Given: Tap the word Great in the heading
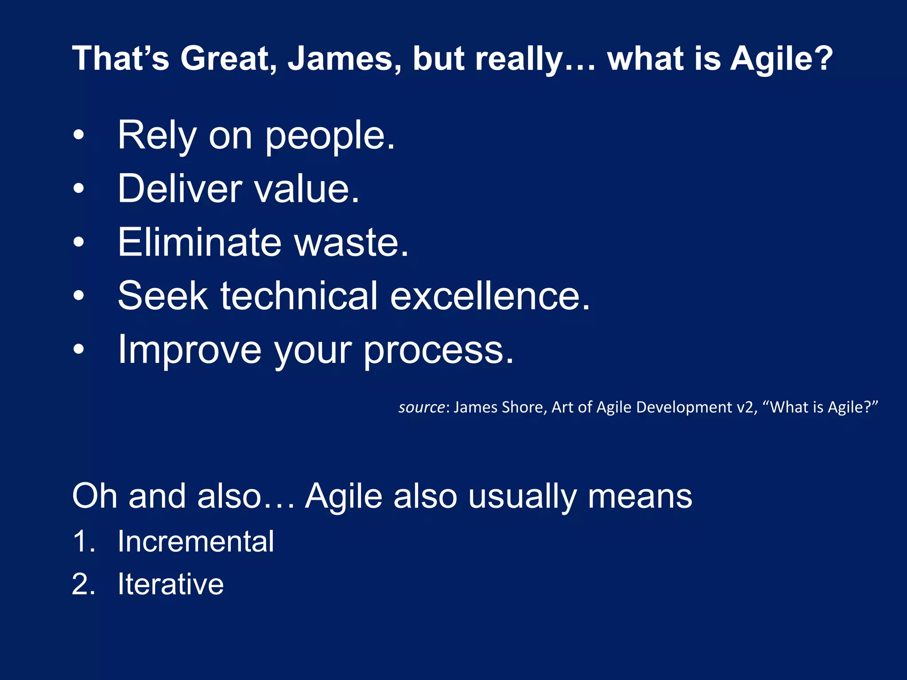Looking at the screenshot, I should [229, 58].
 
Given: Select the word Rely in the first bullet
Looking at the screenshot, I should [157, 135].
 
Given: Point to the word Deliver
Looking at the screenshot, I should [180, 189].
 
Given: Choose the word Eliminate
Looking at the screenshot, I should [199, 242].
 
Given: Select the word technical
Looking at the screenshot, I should [299, 296].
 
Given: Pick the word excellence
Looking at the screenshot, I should [490, 296].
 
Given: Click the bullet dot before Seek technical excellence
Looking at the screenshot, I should [78, 295].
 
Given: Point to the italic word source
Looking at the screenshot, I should [421, 407].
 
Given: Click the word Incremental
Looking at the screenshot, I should [195, 541].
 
